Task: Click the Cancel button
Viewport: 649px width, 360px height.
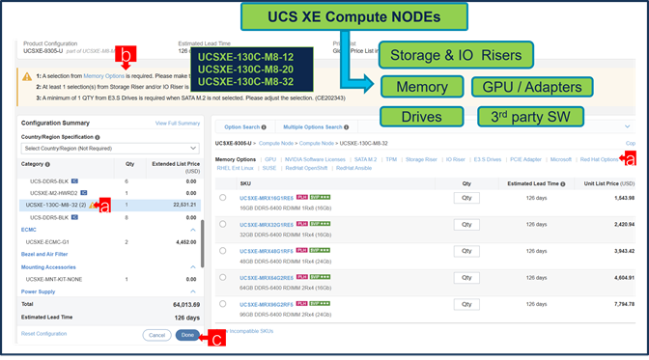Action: [156, 335]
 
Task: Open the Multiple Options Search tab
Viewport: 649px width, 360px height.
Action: [314, 126]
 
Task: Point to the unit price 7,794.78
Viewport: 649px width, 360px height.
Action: [618, 304]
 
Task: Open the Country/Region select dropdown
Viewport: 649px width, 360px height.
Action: [109, 148]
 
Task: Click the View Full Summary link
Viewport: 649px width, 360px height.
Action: [178, 124]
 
